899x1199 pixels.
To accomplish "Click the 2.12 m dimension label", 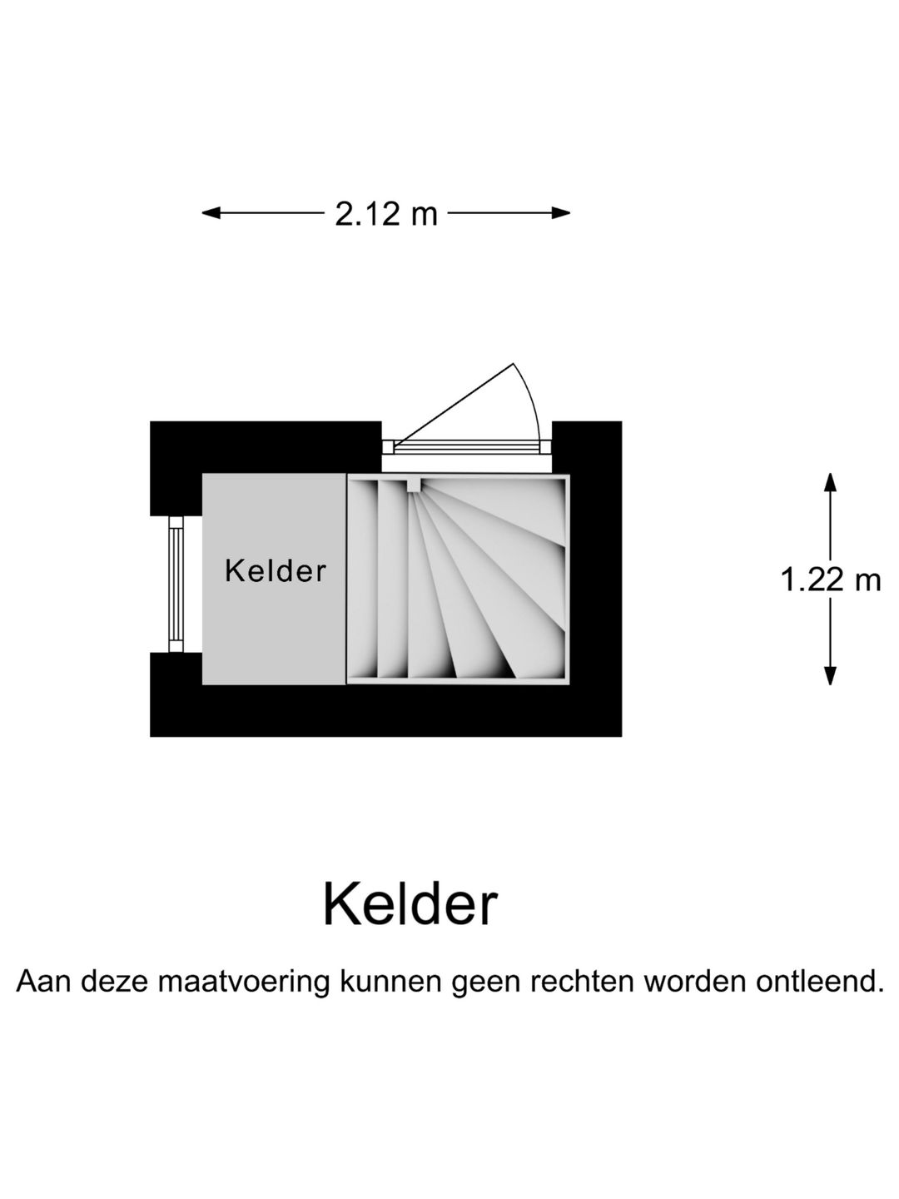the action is pos(386,214).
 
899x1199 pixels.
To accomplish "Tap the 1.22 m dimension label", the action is pos(830,580).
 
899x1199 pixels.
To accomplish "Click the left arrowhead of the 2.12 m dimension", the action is pos(211,213).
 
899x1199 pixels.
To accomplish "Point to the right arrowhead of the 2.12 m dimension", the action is pos(560,213).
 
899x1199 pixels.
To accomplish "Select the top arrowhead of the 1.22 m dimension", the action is pos(830,482).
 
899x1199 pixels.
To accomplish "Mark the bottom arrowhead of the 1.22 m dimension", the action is pos(830,676).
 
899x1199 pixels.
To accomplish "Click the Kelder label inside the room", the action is pos(276,571).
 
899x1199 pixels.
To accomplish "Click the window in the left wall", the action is pos(176,584).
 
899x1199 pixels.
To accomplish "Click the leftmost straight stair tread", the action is pos(362,579).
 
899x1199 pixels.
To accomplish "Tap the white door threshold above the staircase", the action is pos(467,464).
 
